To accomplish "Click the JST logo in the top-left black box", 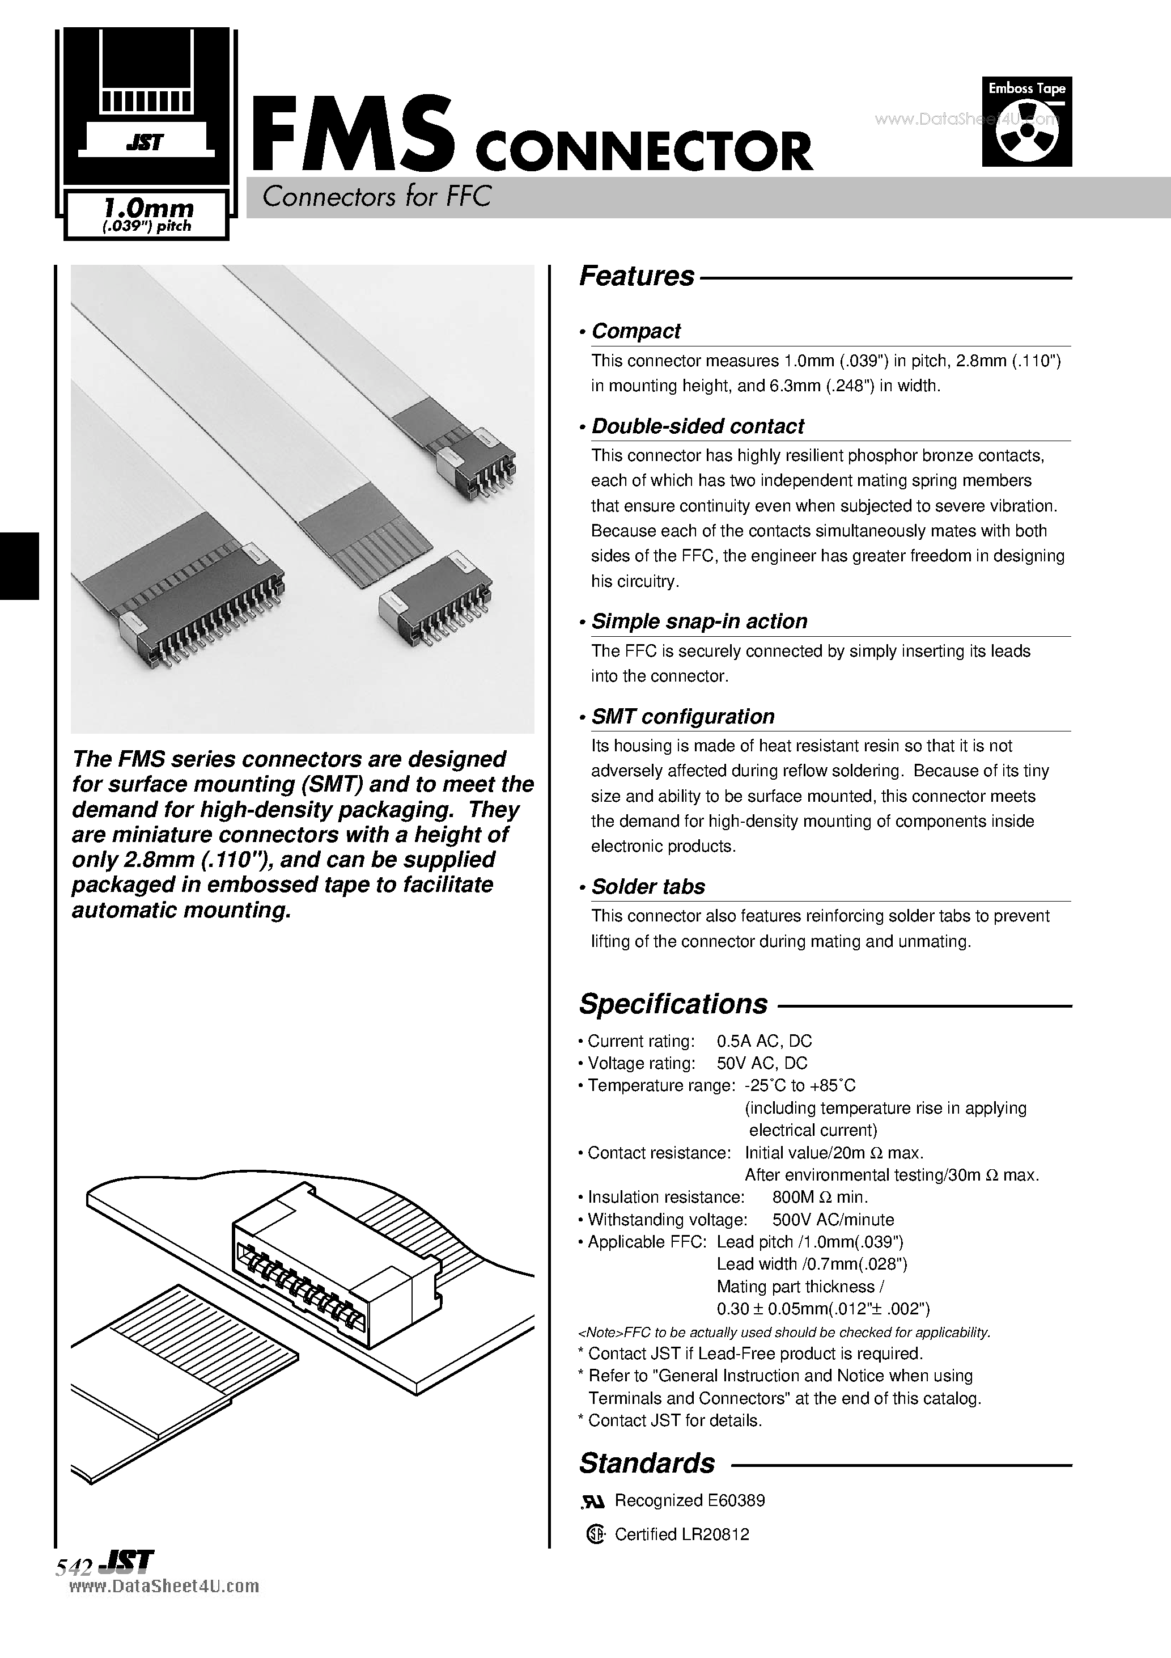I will pos(145,143).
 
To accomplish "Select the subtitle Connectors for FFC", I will pos(376,196).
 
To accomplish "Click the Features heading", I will pos(636,277).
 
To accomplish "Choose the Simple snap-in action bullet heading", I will pos(698,621).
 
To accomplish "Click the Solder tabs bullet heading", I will pos(648,886).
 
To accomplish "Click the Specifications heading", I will pos(673,1004).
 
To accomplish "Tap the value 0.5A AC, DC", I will pos(764,1041).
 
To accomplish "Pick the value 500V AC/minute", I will pos(833,1219).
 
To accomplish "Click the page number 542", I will pos(73,1567).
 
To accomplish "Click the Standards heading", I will pos(647,1463).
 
